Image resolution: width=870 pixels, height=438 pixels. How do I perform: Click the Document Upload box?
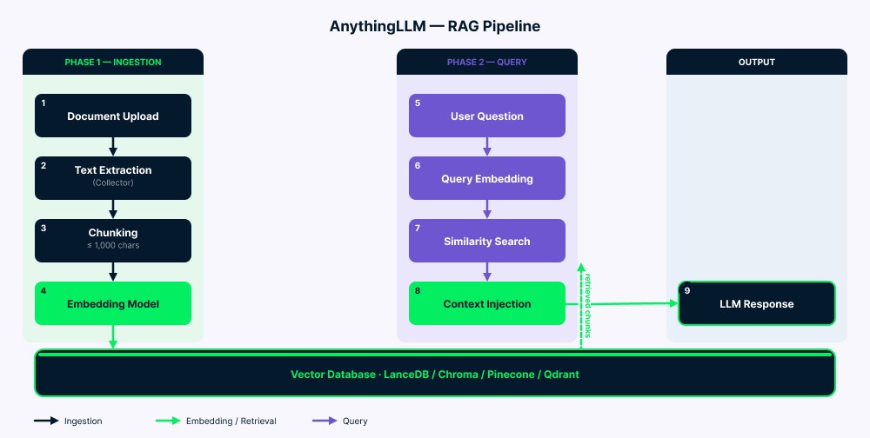[x=112, y=116]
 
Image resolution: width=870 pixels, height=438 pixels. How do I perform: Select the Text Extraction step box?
[x=112, y=177]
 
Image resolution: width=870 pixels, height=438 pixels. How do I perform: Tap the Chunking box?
[x=112, y=240]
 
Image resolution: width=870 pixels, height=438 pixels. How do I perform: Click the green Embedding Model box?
[x=112, y=303]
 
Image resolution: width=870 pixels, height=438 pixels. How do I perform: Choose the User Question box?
[x=486, y=116]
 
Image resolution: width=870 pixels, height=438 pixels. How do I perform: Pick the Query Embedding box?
[x=486, y=178]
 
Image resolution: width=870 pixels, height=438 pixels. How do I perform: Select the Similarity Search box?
[x=486, y=241]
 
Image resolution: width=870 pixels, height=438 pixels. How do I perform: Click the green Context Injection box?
[x=486, y=303]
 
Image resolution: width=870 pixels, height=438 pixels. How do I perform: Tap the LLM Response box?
[x=756, y=303]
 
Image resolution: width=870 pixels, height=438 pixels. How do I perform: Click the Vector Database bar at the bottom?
[x=434, y=374]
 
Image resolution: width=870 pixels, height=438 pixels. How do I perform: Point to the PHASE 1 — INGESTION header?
[x=113, y=63]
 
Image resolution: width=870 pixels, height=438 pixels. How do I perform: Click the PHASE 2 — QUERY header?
[x=486, y=63]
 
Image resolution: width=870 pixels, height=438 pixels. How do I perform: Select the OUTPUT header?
[x=756, y=63]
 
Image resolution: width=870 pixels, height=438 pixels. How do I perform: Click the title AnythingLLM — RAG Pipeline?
[x=434, y=26]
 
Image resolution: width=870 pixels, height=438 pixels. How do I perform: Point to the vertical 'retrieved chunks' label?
[x=588, y=304]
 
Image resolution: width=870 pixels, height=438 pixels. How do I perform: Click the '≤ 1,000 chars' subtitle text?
[x=112, y=246]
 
